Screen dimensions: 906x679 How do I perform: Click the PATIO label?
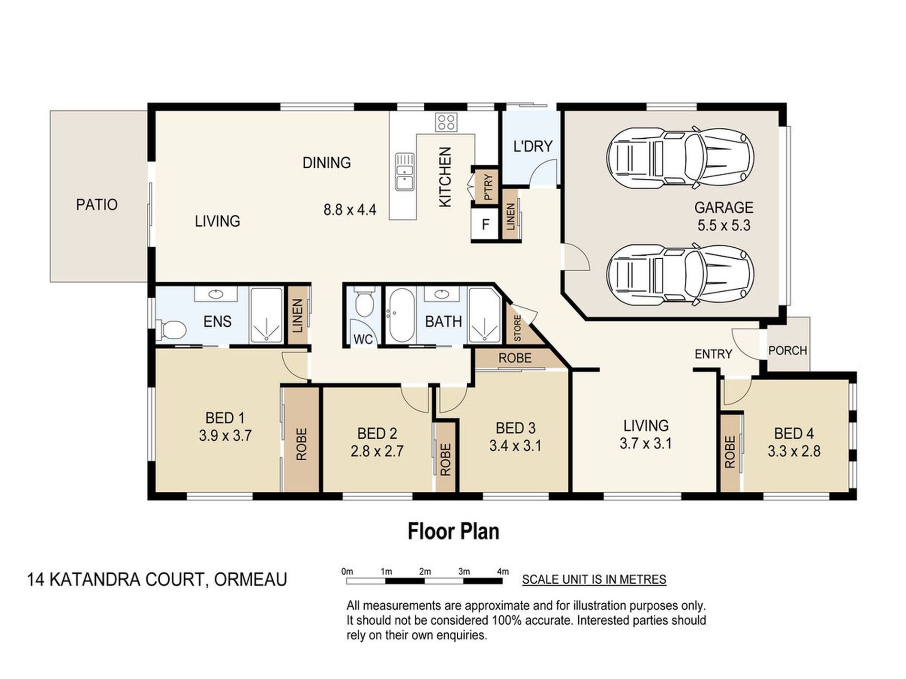97,205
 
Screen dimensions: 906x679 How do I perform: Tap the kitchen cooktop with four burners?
446,122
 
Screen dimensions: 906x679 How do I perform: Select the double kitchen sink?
404,171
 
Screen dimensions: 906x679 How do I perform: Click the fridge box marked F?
485,224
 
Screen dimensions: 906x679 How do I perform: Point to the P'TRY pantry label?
488,187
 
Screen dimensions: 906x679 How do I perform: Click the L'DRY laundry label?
533,146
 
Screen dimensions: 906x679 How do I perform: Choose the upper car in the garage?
680,156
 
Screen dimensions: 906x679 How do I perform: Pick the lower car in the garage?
680,275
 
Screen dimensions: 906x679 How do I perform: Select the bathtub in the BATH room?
401,315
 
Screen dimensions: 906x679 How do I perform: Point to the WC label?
363,339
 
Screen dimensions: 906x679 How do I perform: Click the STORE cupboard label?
517,328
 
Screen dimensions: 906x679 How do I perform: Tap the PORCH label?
787,351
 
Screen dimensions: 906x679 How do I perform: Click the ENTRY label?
713,354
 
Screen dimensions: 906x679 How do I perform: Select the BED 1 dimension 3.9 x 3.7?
225,435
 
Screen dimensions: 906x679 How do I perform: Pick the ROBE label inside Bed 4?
730,452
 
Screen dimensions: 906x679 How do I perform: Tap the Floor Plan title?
453,531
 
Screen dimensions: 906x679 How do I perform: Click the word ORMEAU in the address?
251,579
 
